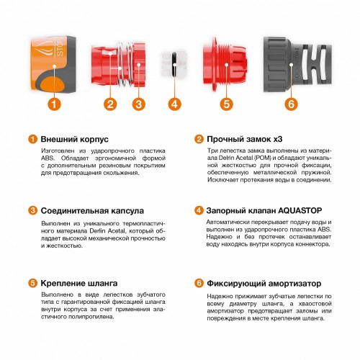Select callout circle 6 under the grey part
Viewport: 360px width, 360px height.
(x=291, y=104)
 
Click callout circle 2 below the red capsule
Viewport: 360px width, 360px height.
(x=109, y=104)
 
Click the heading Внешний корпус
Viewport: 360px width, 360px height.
(x=70, y=139)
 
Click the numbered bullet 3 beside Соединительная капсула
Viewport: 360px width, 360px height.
(x=32, y=211)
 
